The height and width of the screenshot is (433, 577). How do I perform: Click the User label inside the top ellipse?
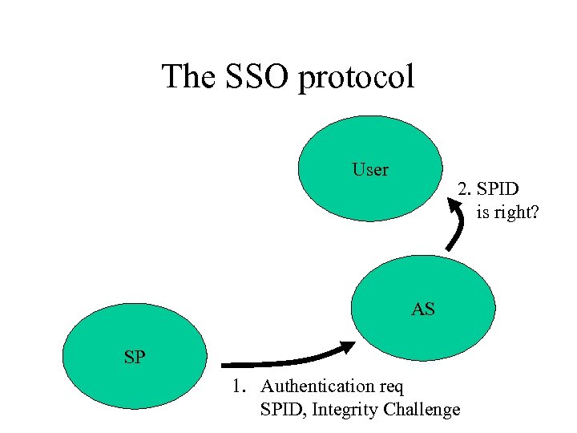tap(370, 170)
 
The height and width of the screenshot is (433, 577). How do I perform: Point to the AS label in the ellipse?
tap(423, 309)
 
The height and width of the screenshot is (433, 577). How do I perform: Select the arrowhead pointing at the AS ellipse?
tap(348, 347)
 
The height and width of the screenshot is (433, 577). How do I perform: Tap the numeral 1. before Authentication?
tap(238, 386)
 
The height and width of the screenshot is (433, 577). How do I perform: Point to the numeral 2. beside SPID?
tap(464, 189)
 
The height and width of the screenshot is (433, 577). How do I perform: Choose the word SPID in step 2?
tap(498, 189)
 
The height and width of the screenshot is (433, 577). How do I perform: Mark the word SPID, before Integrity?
tap(284, 410)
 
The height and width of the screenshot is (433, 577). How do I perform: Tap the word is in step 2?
tap(482, 213)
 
